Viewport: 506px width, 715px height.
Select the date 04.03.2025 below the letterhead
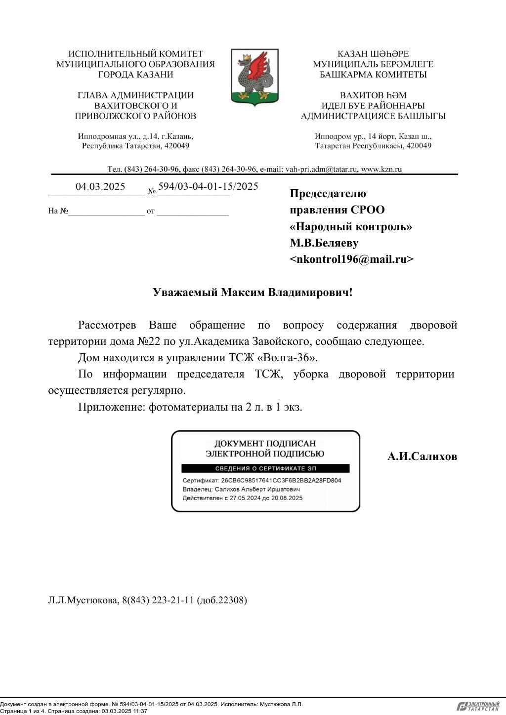100,187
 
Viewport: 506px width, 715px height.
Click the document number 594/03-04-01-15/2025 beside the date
208,186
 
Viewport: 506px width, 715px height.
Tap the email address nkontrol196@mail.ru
351,259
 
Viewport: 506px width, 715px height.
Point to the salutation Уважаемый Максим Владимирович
253,292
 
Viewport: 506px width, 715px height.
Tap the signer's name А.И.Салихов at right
422,456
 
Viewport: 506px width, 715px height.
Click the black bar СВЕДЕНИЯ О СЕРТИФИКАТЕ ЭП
265,468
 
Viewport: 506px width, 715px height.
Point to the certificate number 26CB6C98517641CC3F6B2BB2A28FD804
281,480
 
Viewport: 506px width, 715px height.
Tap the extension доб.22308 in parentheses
222,600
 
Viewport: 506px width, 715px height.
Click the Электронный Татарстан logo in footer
478,706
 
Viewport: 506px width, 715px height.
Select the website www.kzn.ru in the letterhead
381,169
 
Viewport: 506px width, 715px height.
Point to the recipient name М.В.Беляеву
324,243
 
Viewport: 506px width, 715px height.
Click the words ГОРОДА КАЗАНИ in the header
135,75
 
